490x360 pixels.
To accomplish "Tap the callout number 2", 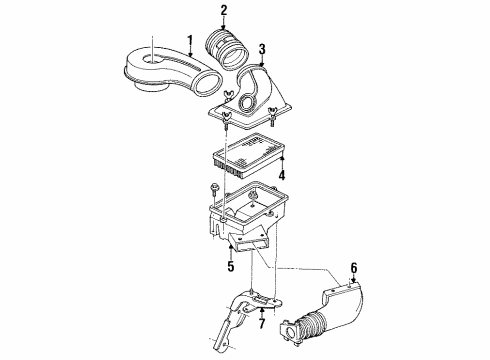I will tap(224, 11).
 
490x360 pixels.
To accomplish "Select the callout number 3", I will tap(261, 48).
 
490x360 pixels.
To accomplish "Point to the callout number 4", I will tap(281, 176).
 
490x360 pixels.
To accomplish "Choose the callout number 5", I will tap(230, 267).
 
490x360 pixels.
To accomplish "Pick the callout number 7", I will tap(261, 322).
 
